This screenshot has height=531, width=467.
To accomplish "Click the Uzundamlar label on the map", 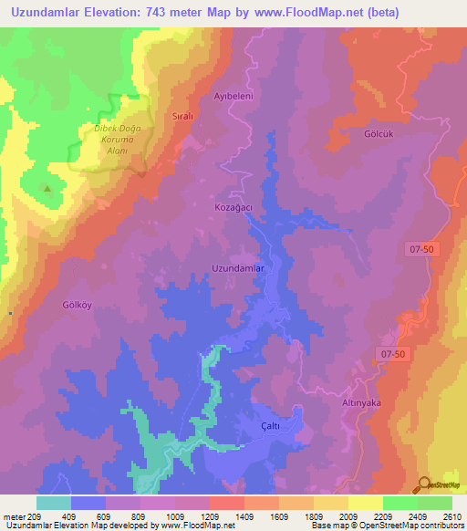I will pyautogui.click(x=238, y=269).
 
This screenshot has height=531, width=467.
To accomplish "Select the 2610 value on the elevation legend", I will pyautogui.click(x=451, y=516).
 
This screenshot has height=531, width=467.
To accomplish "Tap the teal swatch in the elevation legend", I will pyautogui.click(x=53, y=503).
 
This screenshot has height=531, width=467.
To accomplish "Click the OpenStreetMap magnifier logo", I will pyautogui.click(x=424, y=484).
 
